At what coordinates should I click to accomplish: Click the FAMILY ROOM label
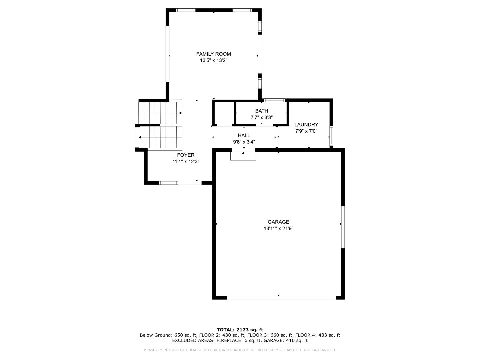tap(213, 54)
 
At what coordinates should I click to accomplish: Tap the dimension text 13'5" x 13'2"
tap(213, 61)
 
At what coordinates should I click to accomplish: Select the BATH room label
tap(261, 111)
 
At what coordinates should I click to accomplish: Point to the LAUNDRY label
tap(306, 125)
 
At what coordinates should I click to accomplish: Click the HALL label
tap(244, 136)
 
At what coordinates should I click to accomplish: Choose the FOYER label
tap(186, 155)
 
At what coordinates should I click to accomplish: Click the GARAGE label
tap(278, 222)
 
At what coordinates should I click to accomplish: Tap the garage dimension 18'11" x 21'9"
tap(278, 229)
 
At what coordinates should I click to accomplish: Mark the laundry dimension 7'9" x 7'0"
tap(306, 131)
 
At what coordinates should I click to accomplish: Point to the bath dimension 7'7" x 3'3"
tap(261, 117)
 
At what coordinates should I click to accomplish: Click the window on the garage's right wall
tap(343, 227)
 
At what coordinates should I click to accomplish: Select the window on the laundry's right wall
tap(331, 136)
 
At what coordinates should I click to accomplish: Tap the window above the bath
tap(274, 100)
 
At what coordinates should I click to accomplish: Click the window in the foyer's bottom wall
tap(169, 183)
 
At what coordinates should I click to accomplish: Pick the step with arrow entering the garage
tap(243, 156)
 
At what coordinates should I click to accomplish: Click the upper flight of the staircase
tap(160, 113)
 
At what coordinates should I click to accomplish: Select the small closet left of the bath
tap(223, 113)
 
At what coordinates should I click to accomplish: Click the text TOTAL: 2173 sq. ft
tap(240, 330)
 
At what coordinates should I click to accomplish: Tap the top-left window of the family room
tap(186, 10)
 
